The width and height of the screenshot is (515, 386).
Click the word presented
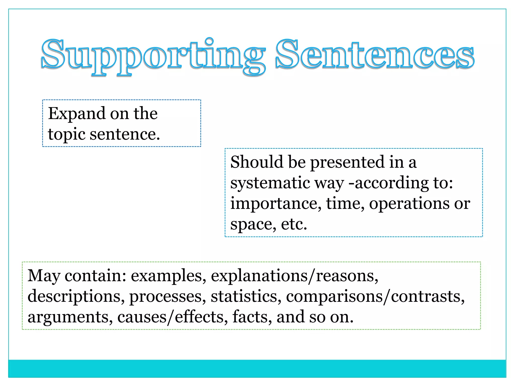347,162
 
